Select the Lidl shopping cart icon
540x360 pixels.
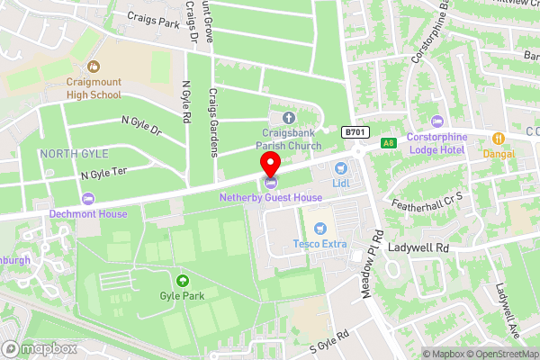(340, 168)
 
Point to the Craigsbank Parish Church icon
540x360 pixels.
(288, 118)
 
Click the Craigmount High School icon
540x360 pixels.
(94, 67)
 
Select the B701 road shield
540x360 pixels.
(355, 132)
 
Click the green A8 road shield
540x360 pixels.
(388, 142)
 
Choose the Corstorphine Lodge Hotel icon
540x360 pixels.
(438, 121)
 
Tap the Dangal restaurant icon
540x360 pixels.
(498, 139)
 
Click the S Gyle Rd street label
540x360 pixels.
(328, 341)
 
